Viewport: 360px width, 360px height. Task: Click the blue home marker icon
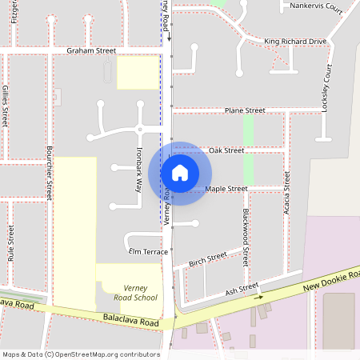pos(180,173)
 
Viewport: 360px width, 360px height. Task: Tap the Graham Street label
pos(91,50)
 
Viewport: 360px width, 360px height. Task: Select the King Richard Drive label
pos(295,41)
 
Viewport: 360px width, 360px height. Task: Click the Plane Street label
pos(245,110)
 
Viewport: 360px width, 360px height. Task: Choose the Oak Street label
pos(226,150)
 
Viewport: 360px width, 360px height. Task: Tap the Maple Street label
pos(226,189)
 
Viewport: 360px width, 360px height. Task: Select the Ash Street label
pos(242,290)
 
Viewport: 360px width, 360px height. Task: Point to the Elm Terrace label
pos(148,251)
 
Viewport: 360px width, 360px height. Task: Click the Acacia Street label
pos(286,193)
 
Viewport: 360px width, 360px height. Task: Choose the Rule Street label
pos(10,244)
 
